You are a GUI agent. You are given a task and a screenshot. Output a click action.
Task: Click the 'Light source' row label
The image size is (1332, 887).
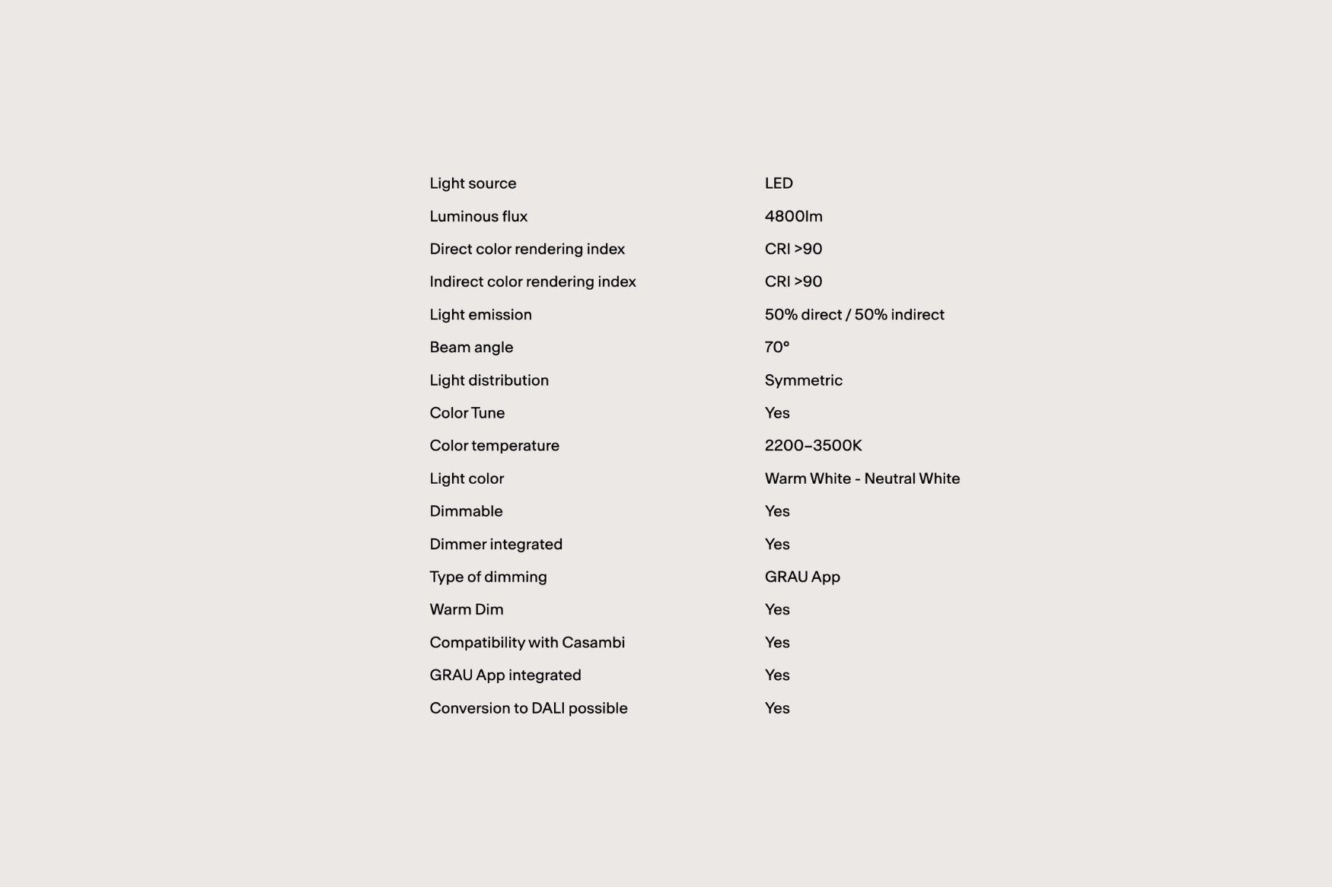473,183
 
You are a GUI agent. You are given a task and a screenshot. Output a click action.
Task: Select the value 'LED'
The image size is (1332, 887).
779,183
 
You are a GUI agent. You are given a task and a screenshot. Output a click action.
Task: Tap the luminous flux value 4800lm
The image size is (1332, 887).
793,216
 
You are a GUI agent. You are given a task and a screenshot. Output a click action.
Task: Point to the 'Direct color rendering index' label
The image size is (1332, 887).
527,249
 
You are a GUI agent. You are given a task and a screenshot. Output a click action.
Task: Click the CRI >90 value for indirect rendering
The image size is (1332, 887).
793,281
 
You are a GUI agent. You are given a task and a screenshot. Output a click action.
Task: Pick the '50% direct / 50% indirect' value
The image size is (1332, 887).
854,314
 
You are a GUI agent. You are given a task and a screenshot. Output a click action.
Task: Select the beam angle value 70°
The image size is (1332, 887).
776,347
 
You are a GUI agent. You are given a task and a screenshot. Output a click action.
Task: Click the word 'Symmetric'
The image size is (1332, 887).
803,380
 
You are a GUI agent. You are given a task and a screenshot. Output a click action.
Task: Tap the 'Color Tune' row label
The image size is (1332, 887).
467,413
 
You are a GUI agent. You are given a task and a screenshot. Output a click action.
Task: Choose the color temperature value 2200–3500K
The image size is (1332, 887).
813,446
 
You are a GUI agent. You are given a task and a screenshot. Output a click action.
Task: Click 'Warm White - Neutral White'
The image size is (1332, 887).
862,478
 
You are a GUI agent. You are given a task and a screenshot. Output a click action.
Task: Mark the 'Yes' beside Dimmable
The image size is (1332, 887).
776,511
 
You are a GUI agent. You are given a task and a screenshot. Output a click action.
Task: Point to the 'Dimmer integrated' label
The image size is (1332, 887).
496,544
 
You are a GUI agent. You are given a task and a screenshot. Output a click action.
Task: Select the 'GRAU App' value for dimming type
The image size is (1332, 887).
802,577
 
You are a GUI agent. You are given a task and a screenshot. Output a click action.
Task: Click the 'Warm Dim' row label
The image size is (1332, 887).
466,609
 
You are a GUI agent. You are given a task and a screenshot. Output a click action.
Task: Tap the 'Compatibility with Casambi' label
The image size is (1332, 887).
527,642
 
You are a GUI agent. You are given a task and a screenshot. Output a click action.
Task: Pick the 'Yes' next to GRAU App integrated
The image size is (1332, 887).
776,675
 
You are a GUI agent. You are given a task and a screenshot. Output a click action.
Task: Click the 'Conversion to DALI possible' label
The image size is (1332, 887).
528,708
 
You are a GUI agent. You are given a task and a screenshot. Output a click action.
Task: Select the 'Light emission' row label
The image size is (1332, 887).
480,314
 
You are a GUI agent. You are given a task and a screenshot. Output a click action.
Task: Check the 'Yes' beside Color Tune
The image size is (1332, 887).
776,413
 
